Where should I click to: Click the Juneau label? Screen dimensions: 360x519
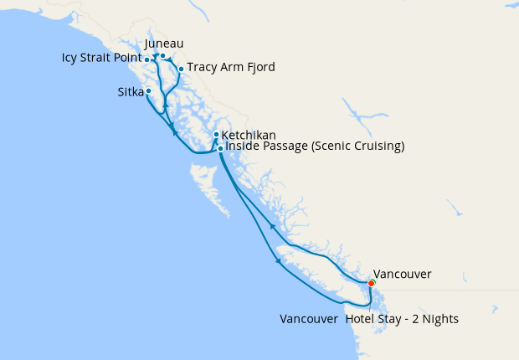pyautogui.click(x=164, y=44)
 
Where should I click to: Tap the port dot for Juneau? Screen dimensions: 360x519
pyautogui.click(x=163, y=57)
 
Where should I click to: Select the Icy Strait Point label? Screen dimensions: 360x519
pyautogui.click(x=101, y=59)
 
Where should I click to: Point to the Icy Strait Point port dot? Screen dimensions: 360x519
pyautogui.click(x=147, y=59)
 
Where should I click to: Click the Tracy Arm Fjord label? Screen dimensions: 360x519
pyautogui.click(x=230, y=67)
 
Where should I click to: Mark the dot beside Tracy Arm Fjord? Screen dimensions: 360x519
pyautogui.click(x=181, y=69)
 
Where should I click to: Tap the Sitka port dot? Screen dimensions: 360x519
pyautogui.click(x=149, y=90)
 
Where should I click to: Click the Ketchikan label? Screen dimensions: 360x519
pyautogui.click(x=249, y=134)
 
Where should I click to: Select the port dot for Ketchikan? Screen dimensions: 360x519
pyautogui.click(x=216, y=135)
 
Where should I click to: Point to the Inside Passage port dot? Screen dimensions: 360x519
pyautogui.click(x=220, y=148)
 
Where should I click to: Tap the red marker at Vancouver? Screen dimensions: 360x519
pyautogui.click(x=372, y=284)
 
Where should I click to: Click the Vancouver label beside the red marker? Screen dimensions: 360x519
pyautogui.click(x=402, y=274)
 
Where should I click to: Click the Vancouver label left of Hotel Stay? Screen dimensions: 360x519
pyautogui.click(x=310, y=319)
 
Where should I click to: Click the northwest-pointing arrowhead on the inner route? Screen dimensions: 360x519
pyautogui.click(x=272, y=225)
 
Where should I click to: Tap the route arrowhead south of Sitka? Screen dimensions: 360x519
pyautogui.click(x=173, y=130)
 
